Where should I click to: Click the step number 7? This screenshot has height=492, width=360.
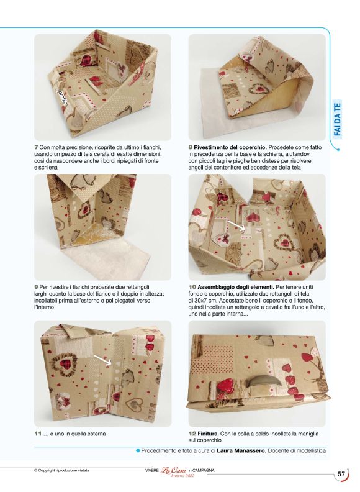(x=36, y=147)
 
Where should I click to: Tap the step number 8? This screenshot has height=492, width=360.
(x=191, y=147)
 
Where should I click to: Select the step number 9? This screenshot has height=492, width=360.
(x=36, y=287)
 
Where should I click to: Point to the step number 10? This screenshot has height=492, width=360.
(x=192, y=287)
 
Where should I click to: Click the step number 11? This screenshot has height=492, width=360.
(x=38, y=434)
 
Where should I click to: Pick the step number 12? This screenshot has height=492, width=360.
(x=192, y=434)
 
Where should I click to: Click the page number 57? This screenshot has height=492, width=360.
(x=341, y=474)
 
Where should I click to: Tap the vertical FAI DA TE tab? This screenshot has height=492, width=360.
(x=338, y=120)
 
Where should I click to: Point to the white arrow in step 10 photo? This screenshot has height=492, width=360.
(x=236, y=225)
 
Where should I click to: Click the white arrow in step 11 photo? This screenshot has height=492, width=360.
(x=103, y=360)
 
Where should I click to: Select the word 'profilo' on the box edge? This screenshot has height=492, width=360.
(x=63, y=97)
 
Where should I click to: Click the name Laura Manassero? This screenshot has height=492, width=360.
(x=241, y=450)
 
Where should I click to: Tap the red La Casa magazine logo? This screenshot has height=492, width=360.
(x=174, y=470)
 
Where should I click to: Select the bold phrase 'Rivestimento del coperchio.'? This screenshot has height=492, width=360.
(x=230, y=147)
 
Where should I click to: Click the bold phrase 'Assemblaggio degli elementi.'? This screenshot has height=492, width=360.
(x=236, y=287)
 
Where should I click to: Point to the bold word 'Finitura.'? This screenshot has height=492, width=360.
(x=208, y=434)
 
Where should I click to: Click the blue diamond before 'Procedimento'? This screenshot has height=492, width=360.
(x=137, y=450)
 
